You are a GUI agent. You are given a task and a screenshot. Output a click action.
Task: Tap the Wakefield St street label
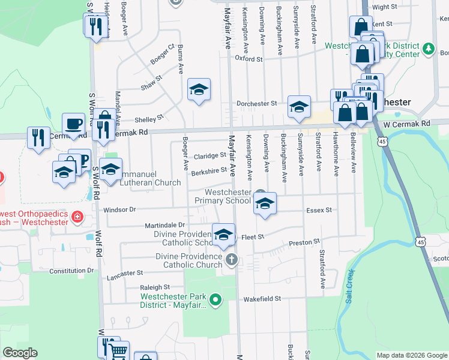262,299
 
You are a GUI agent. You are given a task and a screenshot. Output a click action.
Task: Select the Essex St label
319,210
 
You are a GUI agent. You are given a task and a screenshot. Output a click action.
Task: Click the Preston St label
304,242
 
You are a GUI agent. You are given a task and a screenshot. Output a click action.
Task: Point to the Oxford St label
249,59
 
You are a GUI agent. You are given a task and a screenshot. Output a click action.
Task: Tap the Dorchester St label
256,103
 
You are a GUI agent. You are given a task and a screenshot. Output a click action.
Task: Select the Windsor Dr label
120,210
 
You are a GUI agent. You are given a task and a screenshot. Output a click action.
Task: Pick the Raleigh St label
155,287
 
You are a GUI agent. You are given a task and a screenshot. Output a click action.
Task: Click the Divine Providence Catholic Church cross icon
232,260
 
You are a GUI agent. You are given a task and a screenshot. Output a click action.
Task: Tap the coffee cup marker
73,124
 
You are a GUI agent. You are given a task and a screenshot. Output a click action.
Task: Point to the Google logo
20,353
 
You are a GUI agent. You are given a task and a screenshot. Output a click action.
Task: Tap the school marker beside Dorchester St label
298,106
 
